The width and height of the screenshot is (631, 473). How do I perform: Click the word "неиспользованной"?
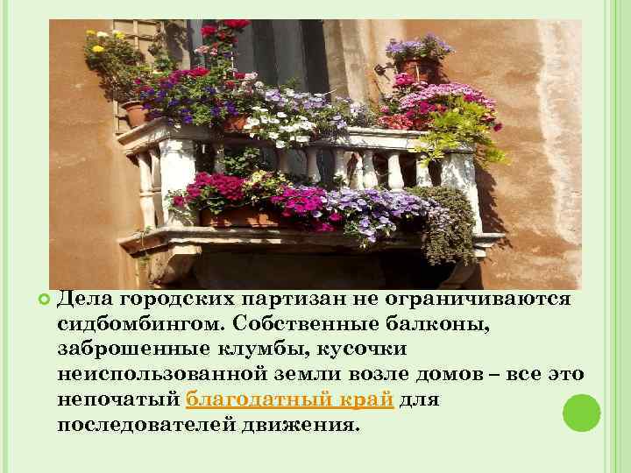(x=161, y=375)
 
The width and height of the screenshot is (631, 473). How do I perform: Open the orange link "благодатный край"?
(x=292, y=400)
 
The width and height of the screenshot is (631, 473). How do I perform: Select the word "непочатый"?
(x=118, y=400)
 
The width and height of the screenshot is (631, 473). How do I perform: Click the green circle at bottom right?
(x=580, y=413)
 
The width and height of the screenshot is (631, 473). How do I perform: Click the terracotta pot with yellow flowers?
(x=134, y=112)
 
